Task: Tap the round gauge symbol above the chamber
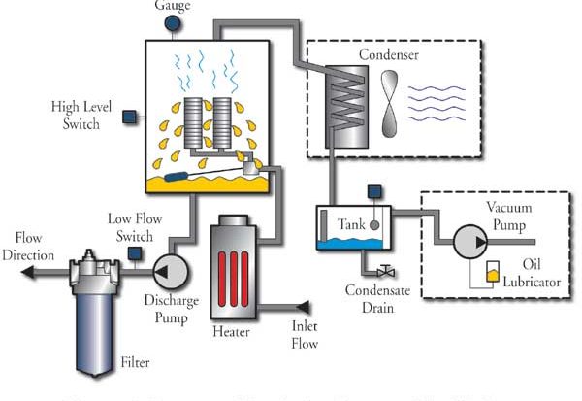tap(173, 28)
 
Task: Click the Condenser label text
tap(387, 55)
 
